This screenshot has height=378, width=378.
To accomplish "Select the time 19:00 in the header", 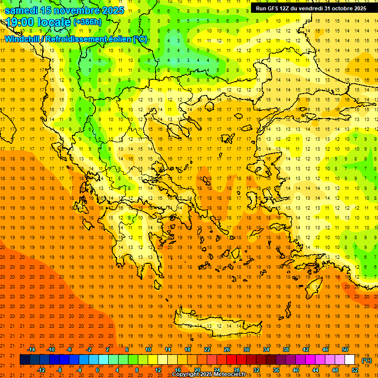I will pyautogui.click(x=22, y=22).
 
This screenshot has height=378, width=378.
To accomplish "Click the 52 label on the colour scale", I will pyautogui.click(x=354, y=370).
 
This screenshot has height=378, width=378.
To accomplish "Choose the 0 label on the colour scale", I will pyautogui.click(x=97, y=370).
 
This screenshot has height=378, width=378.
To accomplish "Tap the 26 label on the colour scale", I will pyautogui.click(x=227, y=349).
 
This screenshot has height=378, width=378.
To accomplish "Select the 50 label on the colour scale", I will pyautogui.click(x=345, y=349).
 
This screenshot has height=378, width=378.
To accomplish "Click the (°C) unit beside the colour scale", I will pyautogui.click(x=367, y=360).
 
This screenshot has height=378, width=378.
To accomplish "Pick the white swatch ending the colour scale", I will pyautogui.click(x=349, y=360).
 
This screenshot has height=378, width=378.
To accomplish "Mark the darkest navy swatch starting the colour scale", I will pyautogui.click(x=25, y=360).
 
